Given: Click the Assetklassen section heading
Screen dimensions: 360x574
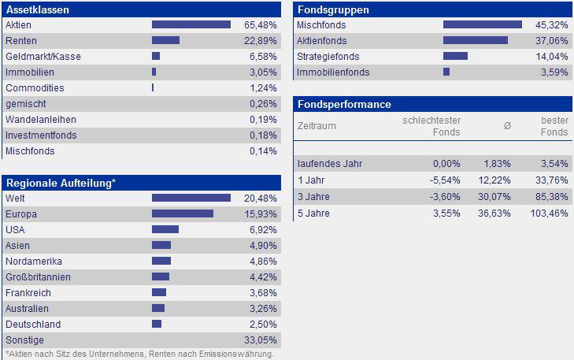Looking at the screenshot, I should (x=37, y=10).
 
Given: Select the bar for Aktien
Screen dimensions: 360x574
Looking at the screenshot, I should (x=191, y=24).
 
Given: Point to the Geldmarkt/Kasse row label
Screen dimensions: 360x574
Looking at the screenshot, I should (x=43, y=56).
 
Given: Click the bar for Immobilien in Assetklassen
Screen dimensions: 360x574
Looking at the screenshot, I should (x=154, y=72).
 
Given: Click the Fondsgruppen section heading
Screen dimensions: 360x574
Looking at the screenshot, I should (x=332, y=10).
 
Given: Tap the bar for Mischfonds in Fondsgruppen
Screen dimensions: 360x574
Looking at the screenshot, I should (x=482, y=24).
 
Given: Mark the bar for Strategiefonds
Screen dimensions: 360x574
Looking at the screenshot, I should (x=455, y=56).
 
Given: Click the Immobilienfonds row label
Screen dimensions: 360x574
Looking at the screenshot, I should (x=333, y=72).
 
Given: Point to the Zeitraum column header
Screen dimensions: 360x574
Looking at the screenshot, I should (x=317, y=126).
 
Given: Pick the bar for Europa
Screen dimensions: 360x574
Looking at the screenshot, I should (x=182, y=213).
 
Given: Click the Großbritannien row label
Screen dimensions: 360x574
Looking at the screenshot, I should (x=38, y=276).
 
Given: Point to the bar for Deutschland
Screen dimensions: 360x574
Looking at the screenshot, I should (x=157, y=324).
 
